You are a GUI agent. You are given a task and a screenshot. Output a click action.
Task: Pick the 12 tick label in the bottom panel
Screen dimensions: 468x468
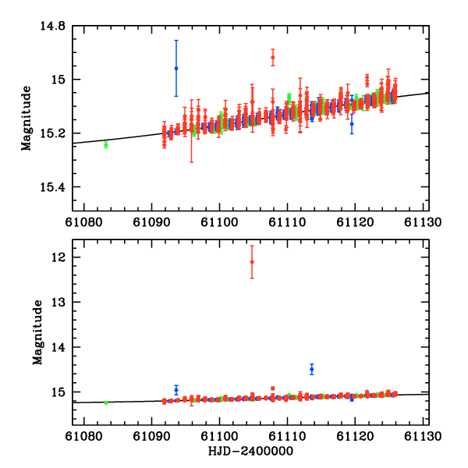click(61, 257)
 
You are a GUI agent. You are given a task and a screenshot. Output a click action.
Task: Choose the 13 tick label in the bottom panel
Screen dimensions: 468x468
click(61, 302)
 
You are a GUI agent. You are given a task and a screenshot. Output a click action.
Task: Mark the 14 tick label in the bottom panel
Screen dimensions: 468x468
click(61, 347)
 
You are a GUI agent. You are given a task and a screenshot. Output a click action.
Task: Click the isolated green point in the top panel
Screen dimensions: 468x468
click(105, 144)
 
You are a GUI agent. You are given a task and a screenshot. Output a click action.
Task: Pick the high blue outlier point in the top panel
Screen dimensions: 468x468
click(176, 69)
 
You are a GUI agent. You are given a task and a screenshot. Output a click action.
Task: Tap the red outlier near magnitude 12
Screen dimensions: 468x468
click(252, 262)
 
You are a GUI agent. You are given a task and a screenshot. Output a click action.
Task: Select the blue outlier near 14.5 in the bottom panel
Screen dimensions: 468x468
click(311, 369)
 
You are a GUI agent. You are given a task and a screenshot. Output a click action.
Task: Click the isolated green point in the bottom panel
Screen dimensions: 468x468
click(105, 402)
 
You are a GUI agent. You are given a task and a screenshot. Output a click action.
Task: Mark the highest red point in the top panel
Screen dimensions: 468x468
click(272, 57)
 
